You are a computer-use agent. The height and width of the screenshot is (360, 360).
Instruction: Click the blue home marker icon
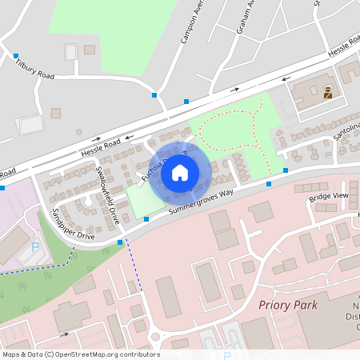coord(180,172)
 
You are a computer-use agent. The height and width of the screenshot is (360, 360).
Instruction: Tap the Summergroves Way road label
coord(200,201)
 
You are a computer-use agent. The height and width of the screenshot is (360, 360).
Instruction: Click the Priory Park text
coord(288,305)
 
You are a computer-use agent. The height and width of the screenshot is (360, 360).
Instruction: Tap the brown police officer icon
coord(327,92)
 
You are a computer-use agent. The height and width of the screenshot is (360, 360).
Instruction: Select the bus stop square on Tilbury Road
coord(16,56)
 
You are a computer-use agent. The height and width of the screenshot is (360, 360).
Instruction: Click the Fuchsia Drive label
coord(149,166)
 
